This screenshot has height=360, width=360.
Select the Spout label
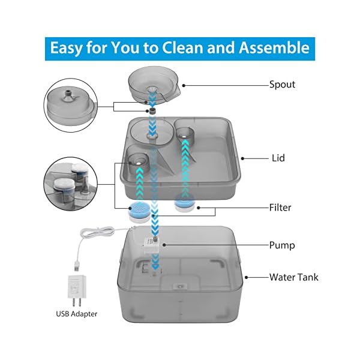click(282, 85)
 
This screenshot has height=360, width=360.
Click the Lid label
click(277, 158)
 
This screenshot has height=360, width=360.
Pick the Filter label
click(280, 208)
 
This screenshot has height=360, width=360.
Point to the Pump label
click(281, 245)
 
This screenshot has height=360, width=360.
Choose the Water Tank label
click(293, 277)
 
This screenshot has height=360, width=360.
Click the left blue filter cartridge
click(139, 212)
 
